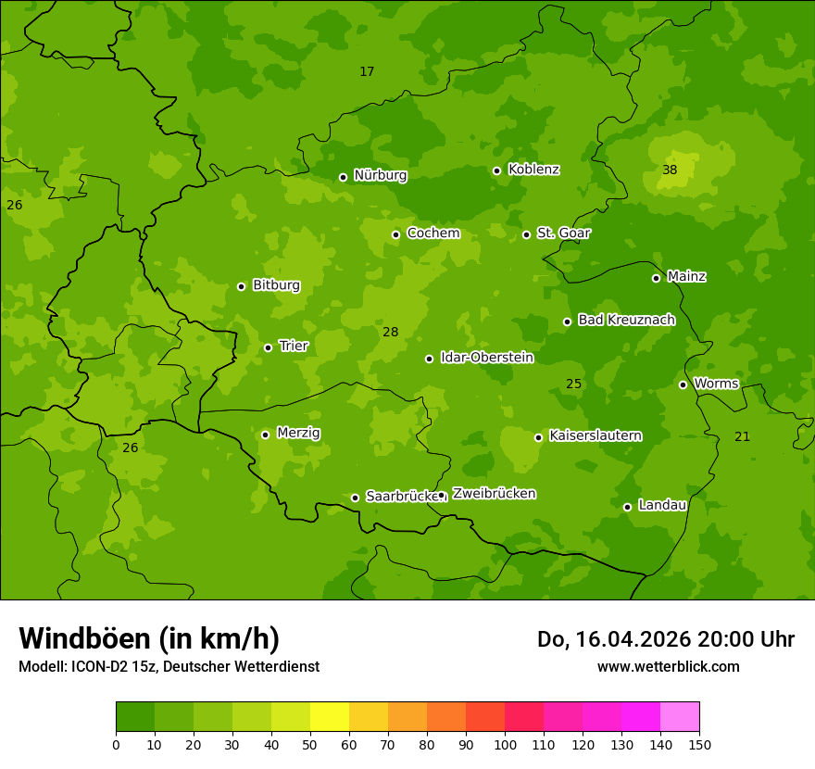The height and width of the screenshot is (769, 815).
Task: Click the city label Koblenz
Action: pyautogui.click(x=534, y=170)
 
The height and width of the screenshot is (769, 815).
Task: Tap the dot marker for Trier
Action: pyautogui.click(x=269, y=347)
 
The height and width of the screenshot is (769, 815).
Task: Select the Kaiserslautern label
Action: pyautogui.click(x=596, y=435)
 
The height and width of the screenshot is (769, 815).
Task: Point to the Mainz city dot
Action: pyautogui.click(x=656, y=278)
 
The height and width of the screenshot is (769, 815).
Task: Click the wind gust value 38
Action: pyautogui.click(x=670, y=170)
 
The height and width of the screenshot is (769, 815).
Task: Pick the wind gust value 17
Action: pyautogui.click(x=367, y=71)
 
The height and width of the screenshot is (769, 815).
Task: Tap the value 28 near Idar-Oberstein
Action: pyautogui.click(x=391, y=332)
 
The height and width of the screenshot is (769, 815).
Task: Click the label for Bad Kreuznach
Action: pyautogui.click(x=626, y=320)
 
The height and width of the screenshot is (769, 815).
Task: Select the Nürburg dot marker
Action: pyautogui.click(x=343, y=177)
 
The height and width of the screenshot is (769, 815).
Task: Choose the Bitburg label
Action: pyautogui.click(x=276, y=285)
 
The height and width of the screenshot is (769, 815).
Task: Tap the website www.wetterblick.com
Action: pyautogui.click(x=668, y=666)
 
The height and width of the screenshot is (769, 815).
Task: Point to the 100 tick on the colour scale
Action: pyautogui.click(x=505, y=744)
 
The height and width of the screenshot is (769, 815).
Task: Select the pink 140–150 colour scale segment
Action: pyautogui.click(x=680, y=717)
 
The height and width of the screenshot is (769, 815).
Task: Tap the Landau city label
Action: pyautogui.click(x=662, y=505)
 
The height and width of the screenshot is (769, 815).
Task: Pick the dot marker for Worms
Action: pyautogui.click(x=683, y=384)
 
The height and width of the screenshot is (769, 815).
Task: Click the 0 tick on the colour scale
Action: pyautogui.click(x=116, y=744)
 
